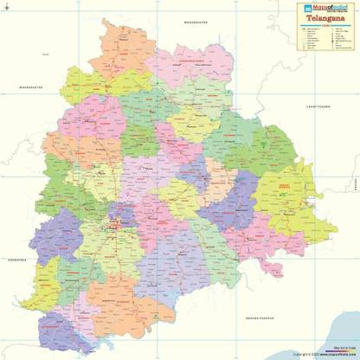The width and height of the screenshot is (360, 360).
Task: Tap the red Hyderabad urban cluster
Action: pos(112,228)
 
